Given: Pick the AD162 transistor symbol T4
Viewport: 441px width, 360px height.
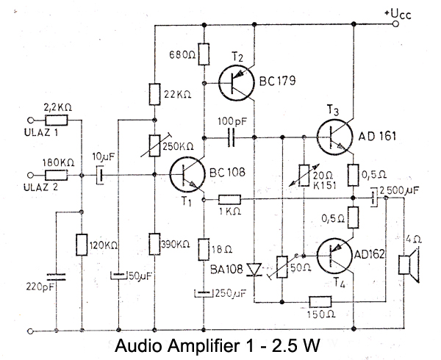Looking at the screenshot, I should click(x=336, y=254).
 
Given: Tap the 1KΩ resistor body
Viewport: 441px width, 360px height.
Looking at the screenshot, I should click(x=229, y=198).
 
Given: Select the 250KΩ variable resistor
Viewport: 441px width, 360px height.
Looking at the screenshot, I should click(x=154, y=145).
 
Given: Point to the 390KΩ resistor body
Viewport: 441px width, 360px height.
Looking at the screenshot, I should click(x=154, y=242).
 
